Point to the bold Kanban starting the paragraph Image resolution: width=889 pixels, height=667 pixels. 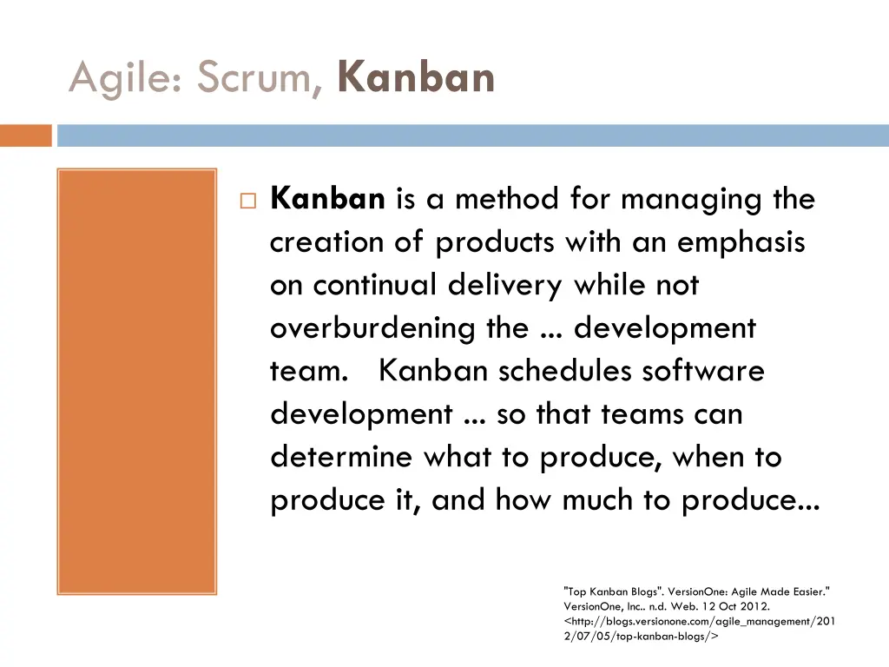[x=327, y=199]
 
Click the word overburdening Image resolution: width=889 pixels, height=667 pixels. [x=372, y=328]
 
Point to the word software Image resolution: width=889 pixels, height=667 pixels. [x=703, y=371]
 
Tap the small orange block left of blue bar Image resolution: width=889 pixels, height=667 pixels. [x=25, y=135]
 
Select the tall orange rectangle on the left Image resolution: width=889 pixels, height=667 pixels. [x=136, y=381]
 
